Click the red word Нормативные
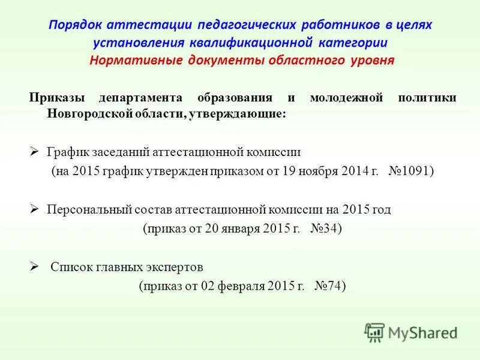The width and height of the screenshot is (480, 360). point(133,61)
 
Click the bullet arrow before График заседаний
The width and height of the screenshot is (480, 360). point(34,152)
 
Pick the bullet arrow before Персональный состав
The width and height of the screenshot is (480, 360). point(34,209)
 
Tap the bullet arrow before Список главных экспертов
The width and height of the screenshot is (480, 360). point(34,266)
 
